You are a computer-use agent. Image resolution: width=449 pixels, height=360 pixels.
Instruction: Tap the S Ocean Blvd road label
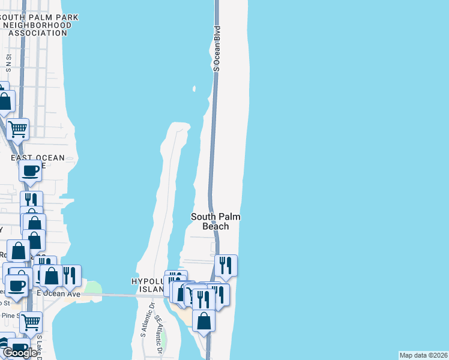(x=217, y=49)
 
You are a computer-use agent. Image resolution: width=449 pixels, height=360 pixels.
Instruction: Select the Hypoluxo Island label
(x=148, y=286)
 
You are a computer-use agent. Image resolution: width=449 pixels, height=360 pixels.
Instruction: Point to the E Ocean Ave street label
(x=58, y=294)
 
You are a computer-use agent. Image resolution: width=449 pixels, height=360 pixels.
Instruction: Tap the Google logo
(x=19, y=353)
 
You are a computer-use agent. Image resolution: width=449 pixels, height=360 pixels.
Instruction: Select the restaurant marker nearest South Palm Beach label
(x=226, y=265)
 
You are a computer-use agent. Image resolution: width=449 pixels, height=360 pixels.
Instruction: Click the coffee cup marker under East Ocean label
(x=30, y=170)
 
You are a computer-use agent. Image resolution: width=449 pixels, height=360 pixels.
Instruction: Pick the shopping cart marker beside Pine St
(x=31, y=322)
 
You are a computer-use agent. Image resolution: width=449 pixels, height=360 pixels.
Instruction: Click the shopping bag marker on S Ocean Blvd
(x=204, y=320)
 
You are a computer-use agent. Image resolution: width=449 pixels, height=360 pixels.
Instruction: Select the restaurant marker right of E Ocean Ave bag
(x=70, y=275)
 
